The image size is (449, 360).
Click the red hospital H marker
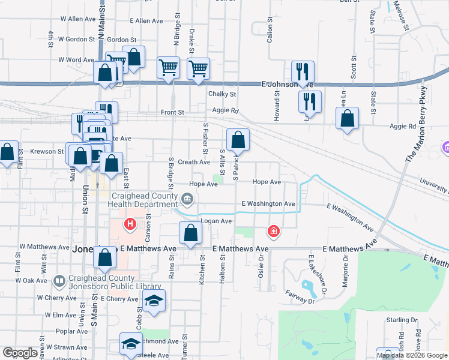[x=129, y=225]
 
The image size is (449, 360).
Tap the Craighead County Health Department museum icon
[x=187, y=198]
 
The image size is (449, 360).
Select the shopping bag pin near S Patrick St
[x=238, y=140]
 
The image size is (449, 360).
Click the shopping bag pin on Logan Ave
[x=190, y=233]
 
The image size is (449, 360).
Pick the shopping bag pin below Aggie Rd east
[x=347, y=119]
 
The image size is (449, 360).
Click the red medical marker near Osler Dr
[x=273, y=231]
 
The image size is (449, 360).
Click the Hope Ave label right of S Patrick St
[x=267, y=182]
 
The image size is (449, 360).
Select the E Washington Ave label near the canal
[x=268, y=204]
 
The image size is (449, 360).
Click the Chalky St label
[x=222, y=94]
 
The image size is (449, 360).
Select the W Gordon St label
[x=76, y=39]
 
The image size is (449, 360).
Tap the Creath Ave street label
[x=194, y=162]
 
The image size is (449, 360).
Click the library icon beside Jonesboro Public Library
[x=59, y=280]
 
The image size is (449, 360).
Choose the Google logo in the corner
[x=20, y=353]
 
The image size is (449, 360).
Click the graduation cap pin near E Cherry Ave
[x=154, y=301]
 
